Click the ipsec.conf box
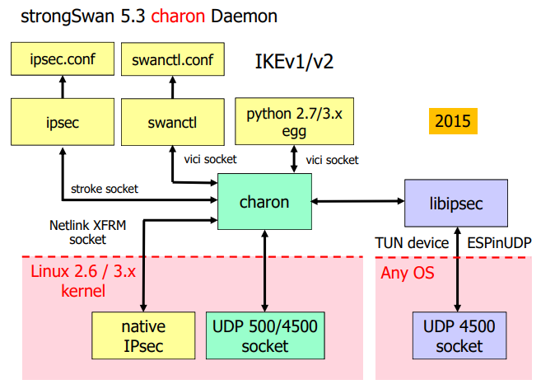pyautogui.click(x=62, y=59)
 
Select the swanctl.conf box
pyautogui.click(x=172, y=59)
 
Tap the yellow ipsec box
pyautogui.click(x=62, y=123)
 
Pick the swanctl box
pyautogui.click(x=172, y=123)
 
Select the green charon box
pyautogui.click(x=264, y=202)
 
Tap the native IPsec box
pyautogui.click(x=143, y=336)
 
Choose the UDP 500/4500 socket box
pyautogui.click(x=264, y=336)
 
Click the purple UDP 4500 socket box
pyautogui.click(x=459, y=336)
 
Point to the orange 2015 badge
pyautogui.click(x=452, y=122)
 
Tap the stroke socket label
pyautogui.click(x=105, y=189)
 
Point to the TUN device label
pyautogui.click(x=412, y=243)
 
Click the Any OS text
pyautogui.click(x=407, y=273)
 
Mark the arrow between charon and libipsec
pyautogui.click(x=358, y=202)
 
